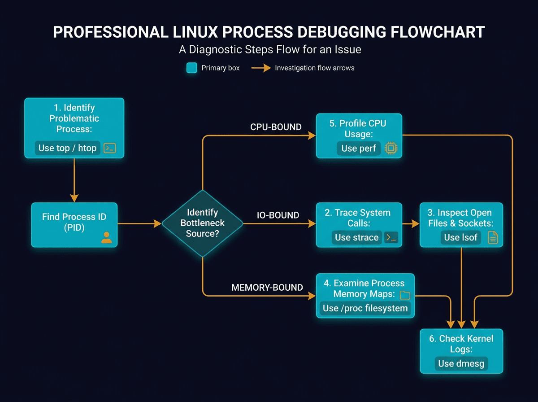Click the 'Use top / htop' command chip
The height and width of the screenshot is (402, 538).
[x=67, y=148]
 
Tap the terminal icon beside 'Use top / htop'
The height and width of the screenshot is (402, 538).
[x=110, y=148]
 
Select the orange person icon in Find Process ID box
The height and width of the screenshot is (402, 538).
[x=107, y=237]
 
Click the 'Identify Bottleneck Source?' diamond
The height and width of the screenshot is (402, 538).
[x=202, y=223]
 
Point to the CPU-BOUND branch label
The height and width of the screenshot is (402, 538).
[x=276, y=127]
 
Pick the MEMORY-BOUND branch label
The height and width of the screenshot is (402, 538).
[x=267, y=288]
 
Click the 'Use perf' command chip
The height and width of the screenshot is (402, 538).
[x=359, y=148]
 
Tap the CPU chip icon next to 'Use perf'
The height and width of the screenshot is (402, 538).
[x=391, y=149]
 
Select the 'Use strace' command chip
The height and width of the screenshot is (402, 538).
[x=357, y=237]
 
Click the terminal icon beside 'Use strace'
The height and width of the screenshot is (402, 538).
[x=391, y=237]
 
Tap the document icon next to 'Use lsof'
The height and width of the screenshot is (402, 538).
[x=492, y=237]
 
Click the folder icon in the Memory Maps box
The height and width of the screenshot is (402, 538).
[x=405, y=295]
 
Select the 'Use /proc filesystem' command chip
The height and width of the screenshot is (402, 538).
[x=365, y=308]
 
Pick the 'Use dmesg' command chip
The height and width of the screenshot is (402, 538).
[x=461, y=363]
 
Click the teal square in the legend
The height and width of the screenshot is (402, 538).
[x=191, y=68]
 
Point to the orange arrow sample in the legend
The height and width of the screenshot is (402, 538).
[x=261, y=68]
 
